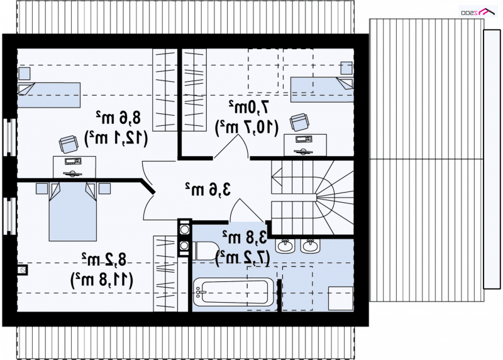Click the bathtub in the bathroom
tap(233, 292)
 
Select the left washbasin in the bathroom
tap(285, 245)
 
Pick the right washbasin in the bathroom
tap(310, 245)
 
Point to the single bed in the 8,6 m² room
tap(48, 95)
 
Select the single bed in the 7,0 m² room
tap(322, 89)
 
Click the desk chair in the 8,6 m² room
tap(69, 144)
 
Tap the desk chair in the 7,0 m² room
tap(299, 122)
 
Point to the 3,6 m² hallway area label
tap(208, 189)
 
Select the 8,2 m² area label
tap(104, 259)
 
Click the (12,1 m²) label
tap(116, 138)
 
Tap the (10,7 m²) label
tap(246, 127)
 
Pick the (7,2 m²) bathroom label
tap(243, 257)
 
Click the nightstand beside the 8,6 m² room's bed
tap(25, 74)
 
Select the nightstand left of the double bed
tap(41, 189)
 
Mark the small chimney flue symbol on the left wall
tap(22, 270)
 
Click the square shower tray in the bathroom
tap(340, 299)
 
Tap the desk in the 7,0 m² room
tap(305, 145)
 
